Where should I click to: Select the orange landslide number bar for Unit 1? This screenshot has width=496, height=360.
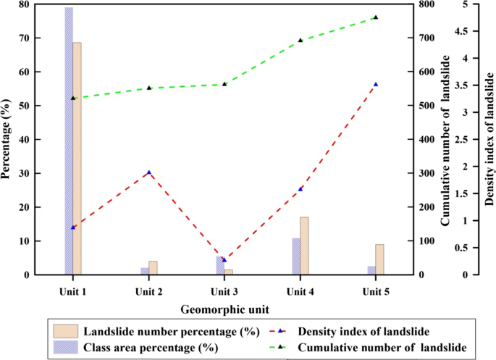pyautogui.click(x=77, y=159)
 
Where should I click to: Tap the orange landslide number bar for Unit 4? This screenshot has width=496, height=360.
pyautogui.click(x=304, y=246)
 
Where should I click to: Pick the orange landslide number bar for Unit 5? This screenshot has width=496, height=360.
pyautogui.click(x=379, y=259)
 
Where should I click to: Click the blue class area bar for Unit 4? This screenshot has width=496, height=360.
pyautogui.click(x=296, y=256)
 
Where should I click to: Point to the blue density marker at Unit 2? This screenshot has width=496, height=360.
pyautogui.click(x=149, y=172)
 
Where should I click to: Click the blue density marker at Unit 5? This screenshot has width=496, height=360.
pyautogui.click(x=375, y=84)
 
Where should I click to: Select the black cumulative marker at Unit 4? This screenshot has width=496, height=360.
pyautogui.click(x=300, y=40)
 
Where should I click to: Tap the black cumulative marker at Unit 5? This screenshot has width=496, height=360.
pyautogui.click(x=375, y=17)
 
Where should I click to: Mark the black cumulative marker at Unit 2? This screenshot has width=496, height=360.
pyautogui.click(x=149, y=88)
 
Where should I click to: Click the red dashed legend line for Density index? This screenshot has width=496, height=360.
pyautogui.click(x=285, y=332)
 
